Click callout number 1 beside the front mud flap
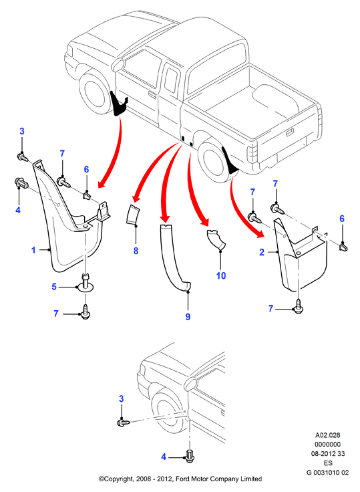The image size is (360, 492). tap(33, 251)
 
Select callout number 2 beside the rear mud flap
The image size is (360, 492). tap(262, 252)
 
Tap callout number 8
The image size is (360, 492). tap(136, 251)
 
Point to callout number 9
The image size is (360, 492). tap(188, 317)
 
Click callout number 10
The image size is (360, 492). tap(221, 275)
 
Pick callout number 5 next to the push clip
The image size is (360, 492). tap(54, 287)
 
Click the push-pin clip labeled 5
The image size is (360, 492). tap(85, 282)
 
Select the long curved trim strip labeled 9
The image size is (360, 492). tap(174, 258)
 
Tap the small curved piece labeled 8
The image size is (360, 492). tap(133, 215)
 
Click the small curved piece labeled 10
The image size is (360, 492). tap(216, 239)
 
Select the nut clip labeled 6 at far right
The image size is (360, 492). tap(343, 247)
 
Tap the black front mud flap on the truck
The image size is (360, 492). tap(119, 104)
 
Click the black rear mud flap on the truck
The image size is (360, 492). tap(230, 162)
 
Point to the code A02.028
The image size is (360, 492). tap(328, 435)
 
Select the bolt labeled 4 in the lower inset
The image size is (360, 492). tap(190, 456)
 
